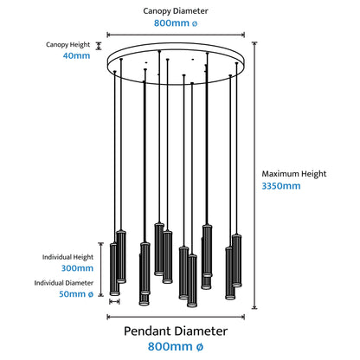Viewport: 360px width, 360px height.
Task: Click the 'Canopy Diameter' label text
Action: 176,11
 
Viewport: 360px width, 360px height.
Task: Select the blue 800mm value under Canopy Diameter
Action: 176,23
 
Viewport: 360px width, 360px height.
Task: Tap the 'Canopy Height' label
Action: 68,45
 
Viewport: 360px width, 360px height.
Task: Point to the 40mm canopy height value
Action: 76,55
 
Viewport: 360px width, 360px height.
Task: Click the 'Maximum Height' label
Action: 294,174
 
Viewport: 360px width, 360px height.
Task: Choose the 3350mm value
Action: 281,186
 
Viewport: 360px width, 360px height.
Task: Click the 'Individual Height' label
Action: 67,257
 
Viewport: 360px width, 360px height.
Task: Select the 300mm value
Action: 77,268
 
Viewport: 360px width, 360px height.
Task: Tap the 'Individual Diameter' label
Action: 64,283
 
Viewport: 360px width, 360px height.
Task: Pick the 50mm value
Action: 76,294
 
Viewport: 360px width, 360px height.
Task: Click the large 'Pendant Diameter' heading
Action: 176,331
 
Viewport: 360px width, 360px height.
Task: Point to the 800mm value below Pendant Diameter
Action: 176,346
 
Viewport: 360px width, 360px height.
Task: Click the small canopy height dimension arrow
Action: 99,46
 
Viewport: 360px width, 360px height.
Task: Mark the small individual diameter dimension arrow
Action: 114,302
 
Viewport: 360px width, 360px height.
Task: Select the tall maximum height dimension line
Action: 254,176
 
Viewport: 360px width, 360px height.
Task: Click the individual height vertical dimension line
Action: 100,269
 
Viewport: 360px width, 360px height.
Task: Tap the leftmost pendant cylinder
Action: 114,269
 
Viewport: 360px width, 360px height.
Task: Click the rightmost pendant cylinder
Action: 237,260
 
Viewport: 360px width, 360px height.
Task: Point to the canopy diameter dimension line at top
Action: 176,35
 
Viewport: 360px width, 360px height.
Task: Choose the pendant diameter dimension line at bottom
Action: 176,317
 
